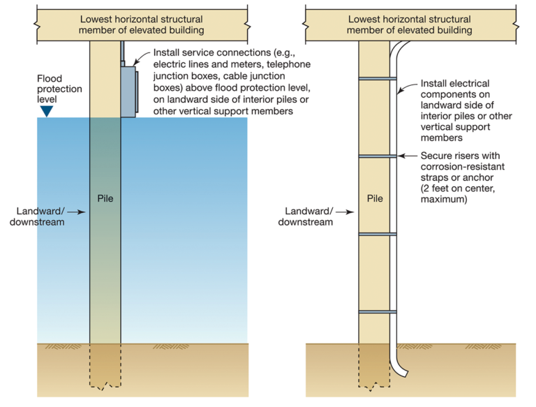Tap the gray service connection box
click(128, 90)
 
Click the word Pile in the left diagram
click(106, 198)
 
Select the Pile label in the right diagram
click(374, 198)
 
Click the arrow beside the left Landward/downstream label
click(77, 210)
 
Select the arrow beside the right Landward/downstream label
click(343, 210)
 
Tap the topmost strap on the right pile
click(377, 79)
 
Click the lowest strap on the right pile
click(377, 311)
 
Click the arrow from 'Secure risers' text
click(408, 156)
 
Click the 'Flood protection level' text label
click(59, 89)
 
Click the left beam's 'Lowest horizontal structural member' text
click(142, 24)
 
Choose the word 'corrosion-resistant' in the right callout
click(462, 168)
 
